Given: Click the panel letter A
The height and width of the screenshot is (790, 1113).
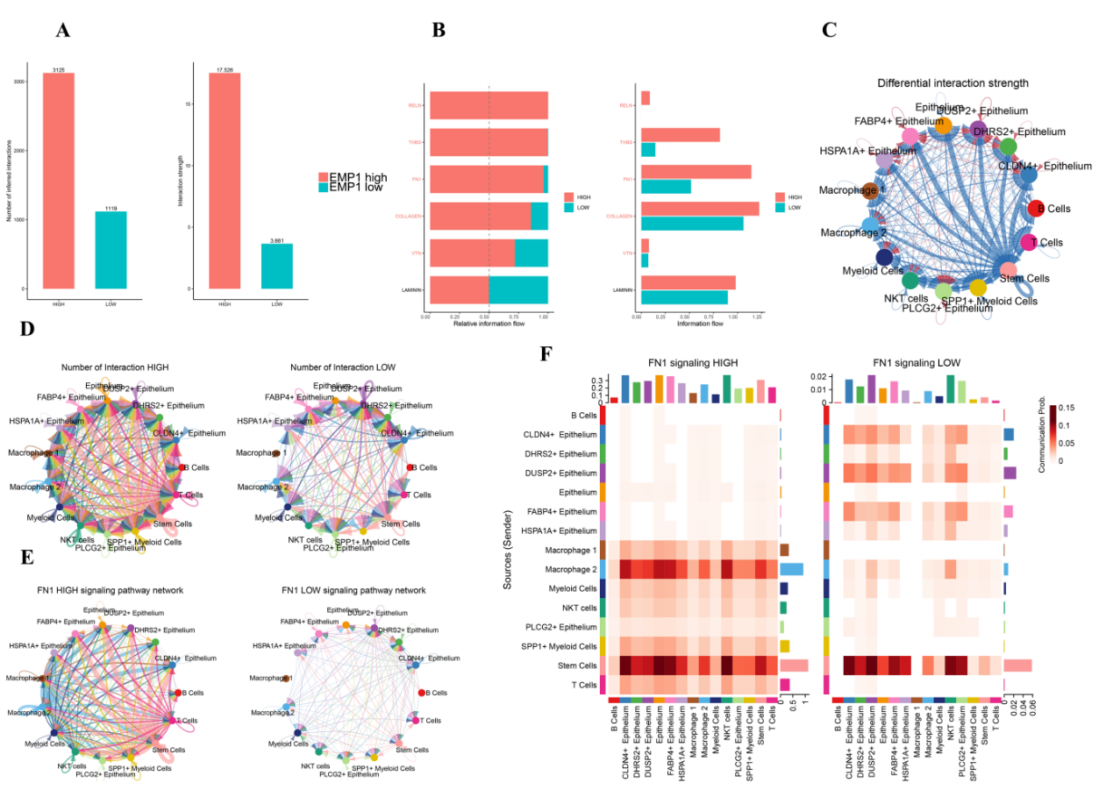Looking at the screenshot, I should click(62, 31).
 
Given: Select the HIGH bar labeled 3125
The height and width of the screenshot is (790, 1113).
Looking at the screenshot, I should click(59, 181).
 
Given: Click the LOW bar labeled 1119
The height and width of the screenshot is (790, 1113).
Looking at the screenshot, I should click(111, 250).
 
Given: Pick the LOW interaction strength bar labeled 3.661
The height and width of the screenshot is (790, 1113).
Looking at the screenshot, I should click(277, 266).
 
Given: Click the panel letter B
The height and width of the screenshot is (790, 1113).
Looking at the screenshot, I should click(439, 30).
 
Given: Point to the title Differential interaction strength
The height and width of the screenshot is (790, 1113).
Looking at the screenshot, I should click(952, 82).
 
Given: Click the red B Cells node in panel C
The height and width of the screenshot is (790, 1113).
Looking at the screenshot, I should click(1036, 209).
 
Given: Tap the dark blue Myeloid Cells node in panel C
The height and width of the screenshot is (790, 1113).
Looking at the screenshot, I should click(884, 257).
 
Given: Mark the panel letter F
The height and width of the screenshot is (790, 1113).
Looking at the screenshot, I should click(546, 354).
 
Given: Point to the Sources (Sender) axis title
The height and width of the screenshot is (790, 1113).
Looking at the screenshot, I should click(508, 543).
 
